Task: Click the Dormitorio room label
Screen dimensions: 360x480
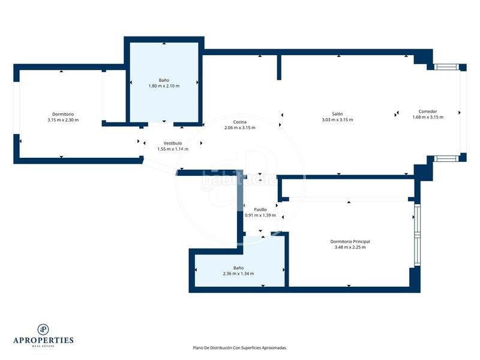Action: [x=63, y=114]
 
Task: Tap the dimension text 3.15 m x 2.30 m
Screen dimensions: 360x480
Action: [x=63, y=120]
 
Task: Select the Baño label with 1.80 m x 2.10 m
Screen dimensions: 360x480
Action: [x=164, y=80]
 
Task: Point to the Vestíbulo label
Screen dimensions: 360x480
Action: [x=172, y=143]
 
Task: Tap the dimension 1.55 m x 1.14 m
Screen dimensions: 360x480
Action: [x=172, y=149]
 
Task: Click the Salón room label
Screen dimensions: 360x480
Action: [x=337, y=114]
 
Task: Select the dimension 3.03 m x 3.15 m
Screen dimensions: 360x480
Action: [x=337, y=120]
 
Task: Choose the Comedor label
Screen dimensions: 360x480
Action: [x=428, y=111]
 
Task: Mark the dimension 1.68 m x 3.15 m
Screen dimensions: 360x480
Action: [x=428, y=117]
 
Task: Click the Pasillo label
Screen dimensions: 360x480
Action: [x=260, y=209]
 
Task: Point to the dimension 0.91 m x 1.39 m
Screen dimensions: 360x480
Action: [x=260, y=215]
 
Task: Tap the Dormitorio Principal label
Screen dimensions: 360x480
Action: [x=354, y=241]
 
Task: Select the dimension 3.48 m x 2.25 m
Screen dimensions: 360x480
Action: [x=350, y=247]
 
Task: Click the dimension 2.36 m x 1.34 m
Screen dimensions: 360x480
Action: [x=238, y=274]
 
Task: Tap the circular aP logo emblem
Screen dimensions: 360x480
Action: [x=43, y=329]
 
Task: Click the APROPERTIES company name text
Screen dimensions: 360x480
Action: [x=43, y=340]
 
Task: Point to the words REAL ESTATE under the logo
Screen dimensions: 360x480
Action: [x=43, y=346]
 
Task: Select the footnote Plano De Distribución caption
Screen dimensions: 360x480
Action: [x=239, y=347]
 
